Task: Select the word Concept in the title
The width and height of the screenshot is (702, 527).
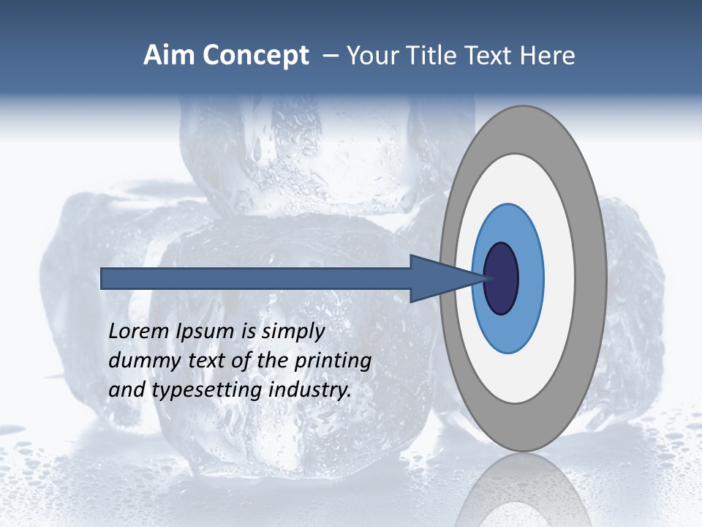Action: [x=256, y=56]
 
